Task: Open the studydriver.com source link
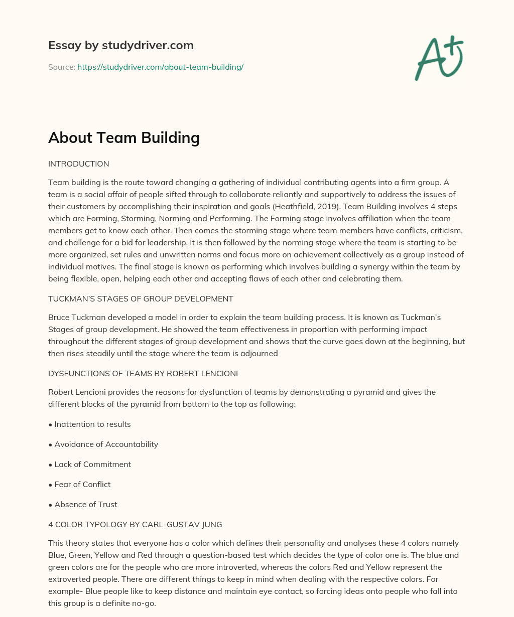[160, 67]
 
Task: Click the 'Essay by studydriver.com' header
[120, 45]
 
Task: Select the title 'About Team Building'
[124, 137]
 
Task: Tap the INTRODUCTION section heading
[78, 164]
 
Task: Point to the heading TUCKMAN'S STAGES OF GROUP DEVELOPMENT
[141, 299]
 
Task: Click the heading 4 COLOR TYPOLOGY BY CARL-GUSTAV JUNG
[135, 525]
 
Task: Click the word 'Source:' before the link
[61, 67]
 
